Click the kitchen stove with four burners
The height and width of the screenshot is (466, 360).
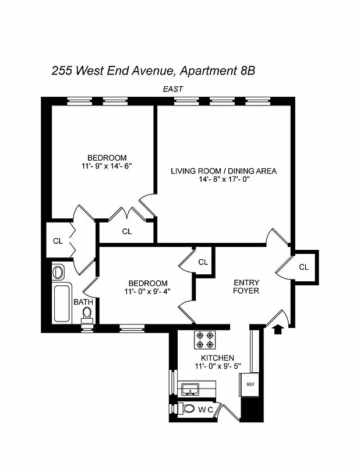click(204, 339)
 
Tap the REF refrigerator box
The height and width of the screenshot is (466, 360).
click(250, 385)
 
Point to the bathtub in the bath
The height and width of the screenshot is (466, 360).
click(61, 303)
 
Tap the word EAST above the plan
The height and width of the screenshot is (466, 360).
click(173, 89)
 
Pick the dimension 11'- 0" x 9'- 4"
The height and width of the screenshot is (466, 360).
click(147, 292)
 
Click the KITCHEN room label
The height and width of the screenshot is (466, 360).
click(218, 358)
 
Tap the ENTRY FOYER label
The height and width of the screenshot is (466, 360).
click(246, 287)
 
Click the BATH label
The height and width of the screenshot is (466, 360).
click(82, 302)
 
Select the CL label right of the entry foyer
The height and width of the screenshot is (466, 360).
click(303, 267)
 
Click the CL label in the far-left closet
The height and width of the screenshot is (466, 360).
click(58, 241)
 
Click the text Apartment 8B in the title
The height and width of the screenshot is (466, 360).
click(217, 71)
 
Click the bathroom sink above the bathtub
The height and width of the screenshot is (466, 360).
click(58, 272)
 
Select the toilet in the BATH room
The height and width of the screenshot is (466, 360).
click(87, 315)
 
